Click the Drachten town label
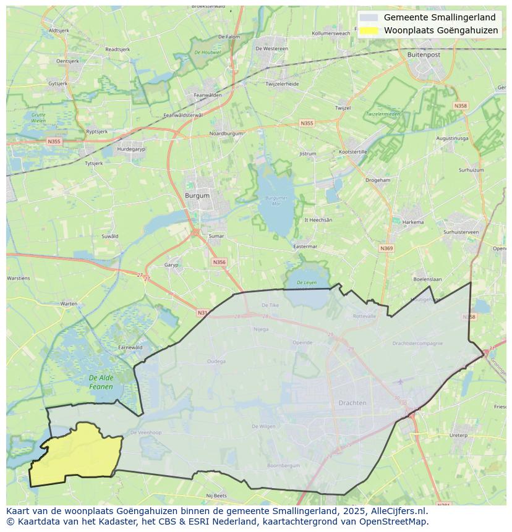(x=352, y=403)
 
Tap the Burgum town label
(x=197, y=195)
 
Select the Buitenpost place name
(x=424, y=54)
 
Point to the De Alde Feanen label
(x=101, y=382)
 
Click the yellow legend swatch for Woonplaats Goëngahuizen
(x=369, y=30)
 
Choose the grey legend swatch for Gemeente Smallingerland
(x=369, y=18)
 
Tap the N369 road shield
(x=386, y=248)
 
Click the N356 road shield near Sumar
(x=219, y=262)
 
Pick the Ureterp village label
(x=458, y=435)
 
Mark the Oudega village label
(x=216, y=361)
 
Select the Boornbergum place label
(x=283, y=465)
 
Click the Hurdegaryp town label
(x=130, y=149)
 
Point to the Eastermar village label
(x=305, y=246)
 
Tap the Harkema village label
(x=413, y=222)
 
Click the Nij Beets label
(x=216, y=496)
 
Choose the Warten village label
(x=69, y=303)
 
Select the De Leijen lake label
(x=306, y=282)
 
